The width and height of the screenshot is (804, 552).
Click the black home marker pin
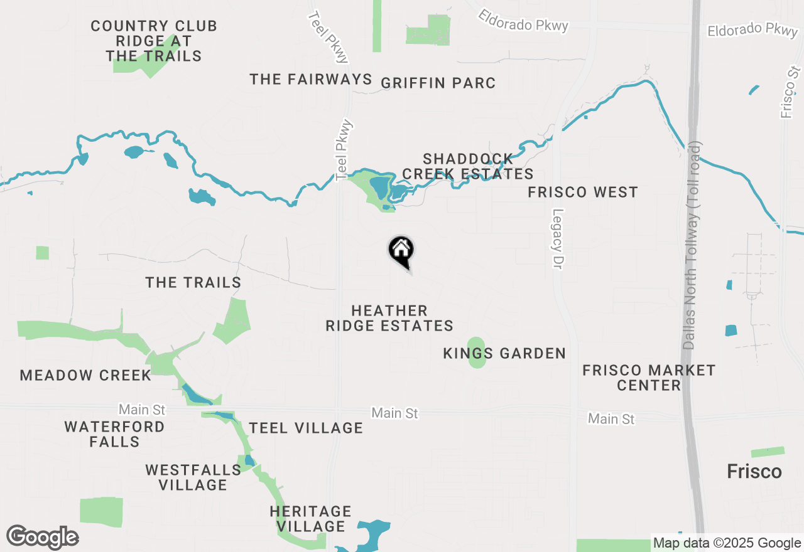point(401,252)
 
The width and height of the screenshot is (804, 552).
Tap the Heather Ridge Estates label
point(389,318)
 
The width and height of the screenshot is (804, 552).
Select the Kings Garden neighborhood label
point(504,354)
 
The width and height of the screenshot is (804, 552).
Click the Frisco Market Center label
point(649,378)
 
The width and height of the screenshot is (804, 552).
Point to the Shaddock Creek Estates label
point(468,166)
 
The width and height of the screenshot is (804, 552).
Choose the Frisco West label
point(583,193)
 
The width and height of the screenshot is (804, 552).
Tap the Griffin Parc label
point(438,83)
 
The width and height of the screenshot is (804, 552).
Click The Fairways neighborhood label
point(311,79)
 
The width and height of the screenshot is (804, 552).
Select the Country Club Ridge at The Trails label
point(154,41)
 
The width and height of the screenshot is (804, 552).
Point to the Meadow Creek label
point(85,376)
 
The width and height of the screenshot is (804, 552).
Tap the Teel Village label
point(306,428)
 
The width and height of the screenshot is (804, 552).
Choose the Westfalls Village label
point(193,477)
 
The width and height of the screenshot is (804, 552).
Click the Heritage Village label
point(311,519)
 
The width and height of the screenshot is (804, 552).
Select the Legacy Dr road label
point(557,239)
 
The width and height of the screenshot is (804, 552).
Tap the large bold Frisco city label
point(754,472)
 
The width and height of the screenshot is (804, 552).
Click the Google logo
point(42,538)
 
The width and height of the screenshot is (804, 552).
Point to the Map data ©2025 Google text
point(727,543)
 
